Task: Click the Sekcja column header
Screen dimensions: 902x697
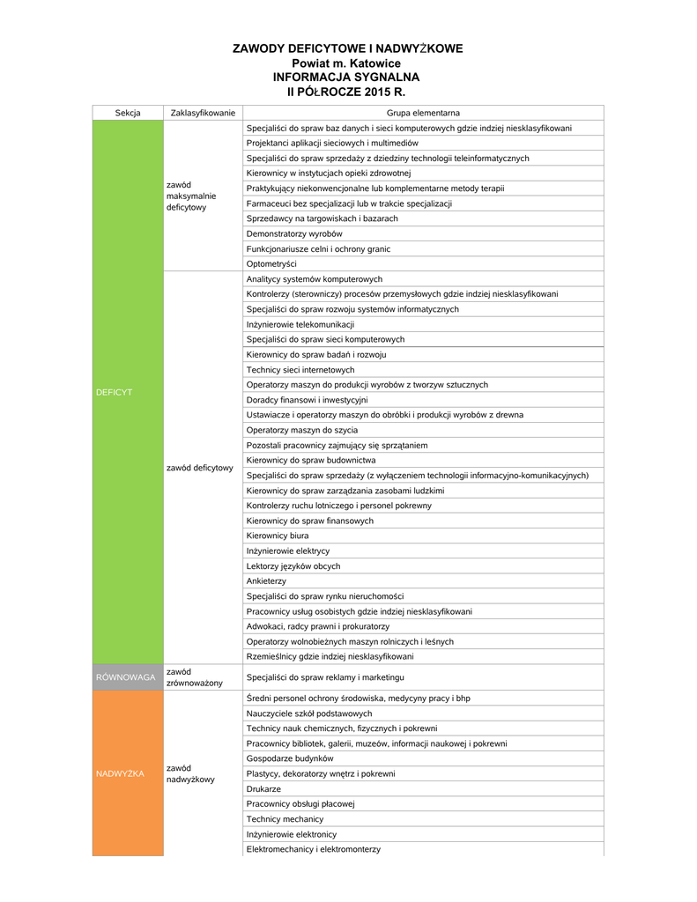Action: click(x=128, y=113)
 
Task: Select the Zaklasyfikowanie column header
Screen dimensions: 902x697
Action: click(x=203, y=113)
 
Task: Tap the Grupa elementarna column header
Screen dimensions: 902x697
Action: click(x=423, y=113)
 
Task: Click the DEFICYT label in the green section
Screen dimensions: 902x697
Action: click(x=114, y=392)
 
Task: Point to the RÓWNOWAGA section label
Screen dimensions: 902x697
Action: click(x=126, y=677)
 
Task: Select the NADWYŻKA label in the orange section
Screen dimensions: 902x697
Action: click(x=120, y=773)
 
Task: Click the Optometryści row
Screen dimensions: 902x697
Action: click(x=271, y=264)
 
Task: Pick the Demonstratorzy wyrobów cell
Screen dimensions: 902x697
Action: click(x=294, y=233)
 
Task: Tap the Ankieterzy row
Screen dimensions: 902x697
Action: click(x=266, y=581)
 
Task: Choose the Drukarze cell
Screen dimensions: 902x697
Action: click(x=263, y=789)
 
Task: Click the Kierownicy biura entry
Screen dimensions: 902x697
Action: click(x=278, y=536)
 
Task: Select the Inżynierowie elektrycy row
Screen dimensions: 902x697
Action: click(x=287, y=551)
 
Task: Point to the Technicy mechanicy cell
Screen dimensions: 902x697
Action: click(x=285, y=819)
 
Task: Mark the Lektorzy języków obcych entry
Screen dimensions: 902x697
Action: click(x=293, y=566)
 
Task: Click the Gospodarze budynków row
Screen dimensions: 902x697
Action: click(x=290, y=758)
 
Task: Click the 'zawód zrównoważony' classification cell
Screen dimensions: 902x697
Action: click(x=195, y=677)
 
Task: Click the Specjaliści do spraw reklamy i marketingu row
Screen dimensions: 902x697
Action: click(x=324, y=677)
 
